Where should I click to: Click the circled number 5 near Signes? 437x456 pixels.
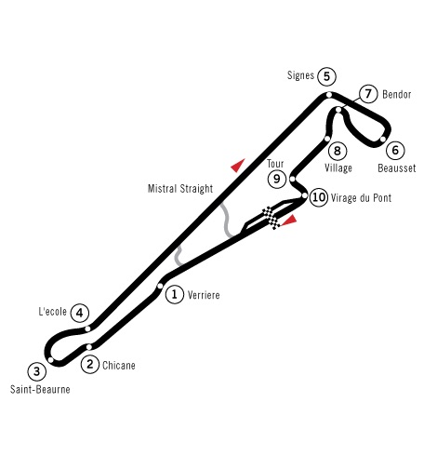(x=326, y=76)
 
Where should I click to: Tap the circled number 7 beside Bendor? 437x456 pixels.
(x=368, y=93)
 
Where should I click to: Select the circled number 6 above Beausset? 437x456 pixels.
(x=395, y=150)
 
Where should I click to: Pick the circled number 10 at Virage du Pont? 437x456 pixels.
(x=319, y=197)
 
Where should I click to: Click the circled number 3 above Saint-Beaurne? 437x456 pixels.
(x=37, y=371)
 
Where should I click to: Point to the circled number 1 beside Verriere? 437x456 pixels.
(x=175, y=294)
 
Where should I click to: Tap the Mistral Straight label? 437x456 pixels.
(x=180, y=189)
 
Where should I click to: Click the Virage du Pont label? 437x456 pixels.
(x=361, y=197)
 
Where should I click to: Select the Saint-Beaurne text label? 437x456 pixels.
(x=40, y=389)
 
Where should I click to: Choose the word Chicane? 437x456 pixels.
(x=119, y=365)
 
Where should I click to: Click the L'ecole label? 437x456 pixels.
(x=52, y=312)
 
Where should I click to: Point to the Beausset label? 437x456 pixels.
(x=397, y=168)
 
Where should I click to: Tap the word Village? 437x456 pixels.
(x=338, y=168)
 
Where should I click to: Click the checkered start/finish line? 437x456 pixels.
(x=271, y=218)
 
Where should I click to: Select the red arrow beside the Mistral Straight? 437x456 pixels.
(x=238, y=165)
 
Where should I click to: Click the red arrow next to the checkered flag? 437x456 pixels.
(x=289, y=220)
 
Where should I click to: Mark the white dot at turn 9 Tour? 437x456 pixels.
(x=292, y=179)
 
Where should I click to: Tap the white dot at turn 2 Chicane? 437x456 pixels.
(x=89, y=347)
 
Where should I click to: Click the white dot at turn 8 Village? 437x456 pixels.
(x=327, y=139)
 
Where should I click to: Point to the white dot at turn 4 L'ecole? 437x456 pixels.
(x=87, y=329)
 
